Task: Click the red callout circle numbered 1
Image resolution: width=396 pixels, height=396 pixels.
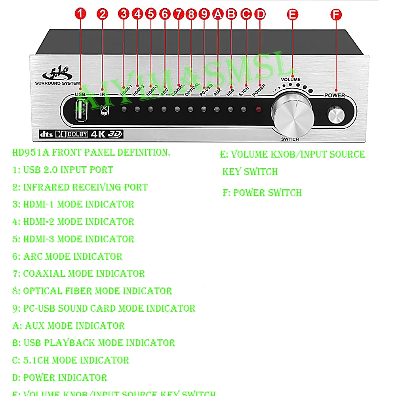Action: click(x=80, y=14)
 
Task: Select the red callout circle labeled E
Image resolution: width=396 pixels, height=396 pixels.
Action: click(x=293, y=14)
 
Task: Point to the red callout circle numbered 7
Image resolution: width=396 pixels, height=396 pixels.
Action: click(x=179, y=14)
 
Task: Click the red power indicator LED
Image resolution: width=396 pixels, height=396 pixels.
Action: click(x=259, y=109)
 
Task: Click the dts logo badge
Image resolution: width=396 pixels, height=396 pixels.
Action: click(x=46, y=134)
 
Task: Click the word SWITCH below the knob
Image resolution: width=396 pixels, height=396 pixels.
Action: click(x=290, y=139)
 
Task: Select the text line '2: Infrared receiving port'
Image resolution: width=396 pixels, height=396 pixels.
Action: click(x=80, y=187)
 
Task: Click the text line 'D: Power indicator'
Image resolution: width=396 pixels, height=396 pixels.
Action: click(x=60, y=377)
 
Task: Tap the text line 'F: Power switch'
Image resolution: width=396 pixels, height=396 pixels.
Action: click(x=262, y=193)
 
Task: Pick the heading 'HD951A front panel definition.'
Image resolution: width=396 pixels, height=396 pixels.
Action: click(x=91, y=152)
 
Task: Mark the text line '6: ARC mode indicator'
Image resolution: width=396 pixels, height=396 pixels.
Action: click(x=67, y=256)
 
